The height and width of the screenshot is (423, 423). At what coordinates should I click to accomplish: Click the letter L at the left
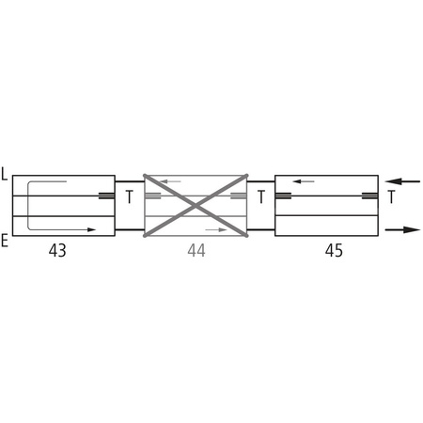point(6,174)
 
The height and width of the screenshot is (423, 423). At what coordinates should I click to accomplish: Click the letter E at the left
point(6,242)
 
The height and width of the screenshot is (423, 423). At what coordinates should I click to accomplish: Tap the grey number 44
point(196,251)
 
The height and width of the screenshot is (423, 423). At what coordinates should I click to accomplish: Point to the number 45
point(334,251)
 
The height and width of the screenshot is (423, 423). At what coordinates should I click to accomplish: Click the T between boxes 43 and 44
point(129,197)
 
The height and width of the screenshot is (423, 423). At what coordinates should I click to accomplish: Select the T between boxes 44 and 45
point(260,197)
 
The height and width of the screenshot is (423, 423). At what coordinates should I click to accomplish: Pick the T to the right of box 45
point(391,197)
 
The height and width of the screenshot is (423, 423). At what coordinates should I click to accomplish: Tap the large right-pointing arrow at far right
point(404,228)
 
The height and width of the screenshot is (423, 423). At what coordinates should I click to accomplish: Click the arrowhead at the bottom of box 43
point(91,228)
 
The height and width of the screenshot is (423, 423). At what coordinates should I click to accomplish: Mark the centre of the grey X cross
point(196,204)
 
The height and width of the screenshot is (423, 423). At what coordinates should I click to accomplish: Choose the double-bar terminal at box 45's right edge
point(369,196)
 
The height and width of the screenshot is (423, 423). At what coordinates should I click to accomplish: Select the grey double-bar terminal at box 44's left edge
point(152,196)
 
